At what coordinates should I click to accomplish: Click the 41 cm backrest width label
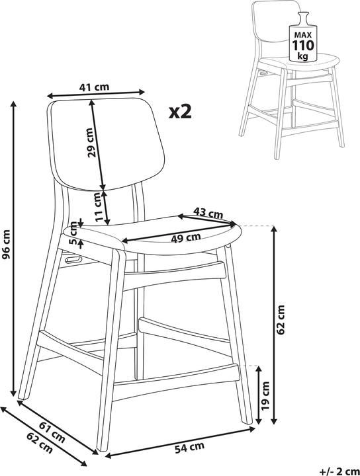point(94,87)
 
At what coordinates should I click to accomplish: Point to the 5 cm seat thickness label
point(73,233)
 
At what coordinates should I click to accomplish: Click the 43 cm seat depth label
point(208,212)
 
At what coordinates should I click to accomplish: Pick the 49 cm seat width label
point(185,237)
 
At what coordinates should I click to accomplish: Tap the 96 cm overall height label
point(6,245)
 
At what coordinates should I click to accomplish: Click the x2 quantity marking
point(181,112)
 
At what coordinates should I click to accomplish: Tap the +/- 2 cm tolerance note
point(339,471)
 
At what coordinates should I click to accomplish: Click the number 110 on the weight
point(302,46)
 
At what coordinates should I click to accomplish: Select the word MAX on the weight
point(302,35)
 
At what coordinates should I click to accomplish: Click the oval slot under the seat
point(73,259)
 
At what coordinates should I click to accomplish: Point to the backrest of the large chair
point(107,143)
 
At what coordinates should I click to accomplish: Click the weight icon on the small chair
point(302,37)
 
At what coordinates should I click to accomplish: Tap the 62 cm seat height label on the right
point(281,319)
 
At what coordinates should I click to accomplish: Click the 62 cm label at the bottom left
point(40,445)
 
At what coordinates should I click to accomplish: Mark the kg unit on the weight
point(302,56)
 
